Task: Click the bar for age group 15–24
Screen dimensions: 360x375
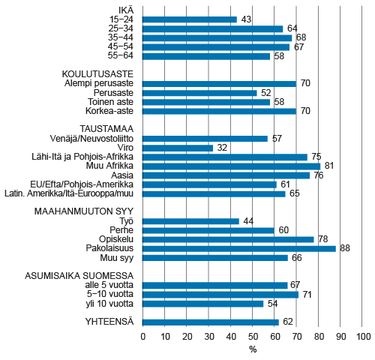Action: [189, 19]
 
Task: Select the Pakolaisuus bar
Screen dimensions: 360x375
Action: [238, 248]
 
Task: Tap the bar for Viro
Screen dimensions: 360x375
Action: [178, 148]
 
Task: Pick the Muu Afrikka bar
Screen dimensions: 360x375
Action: [231, 166]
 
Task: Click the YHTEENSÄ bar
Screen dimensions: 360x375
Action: [210, 322]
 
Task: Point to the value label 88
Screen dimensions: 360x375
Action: [346, 248]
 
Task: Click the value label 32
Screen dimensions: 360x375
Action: [222, 148]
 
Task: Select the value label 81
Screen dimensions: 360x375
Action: [329, 166]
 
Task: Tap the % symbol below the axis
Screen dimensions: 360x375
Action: [253, 350]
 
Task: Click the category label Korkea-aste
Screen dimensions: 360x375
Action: [112, 111]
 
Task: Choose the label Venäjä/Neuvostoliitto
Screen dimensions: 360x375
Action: [90, 139]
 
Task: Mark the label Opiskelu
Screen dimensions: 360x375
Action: [116, 239]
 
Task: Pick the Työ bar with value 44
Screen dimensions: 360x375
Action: [190, 221]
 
